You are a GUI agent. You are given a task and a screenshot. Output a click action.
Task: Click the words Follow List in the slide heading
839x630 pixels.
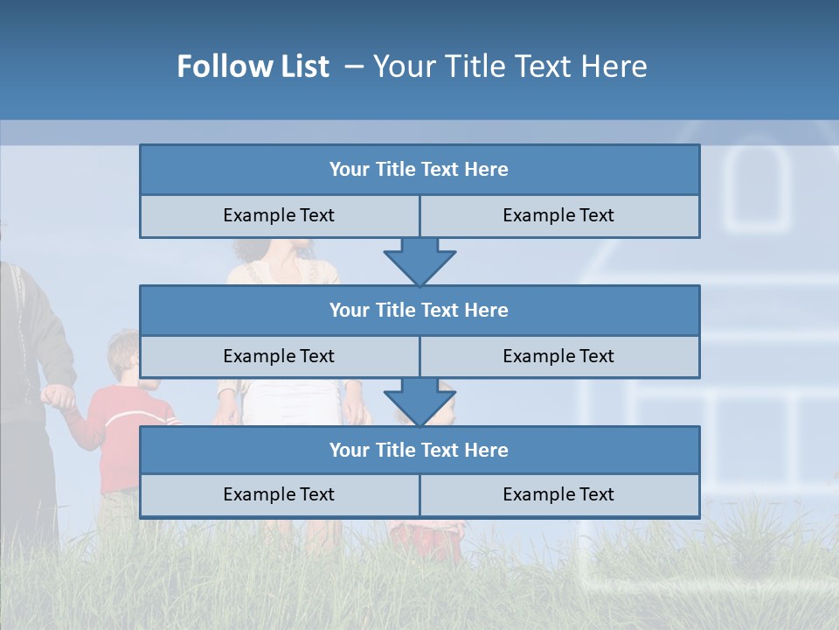(253, 66)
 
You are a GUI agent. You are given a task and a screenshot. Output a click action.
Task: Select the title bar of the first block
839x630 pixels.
(419, 170)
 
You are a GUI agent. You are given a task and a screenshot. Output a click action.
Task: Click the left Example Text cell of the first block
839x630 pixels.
(279, 215)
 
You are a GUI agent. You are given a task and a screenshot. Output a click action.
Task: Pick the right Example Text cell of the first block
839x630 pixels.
(559, 215)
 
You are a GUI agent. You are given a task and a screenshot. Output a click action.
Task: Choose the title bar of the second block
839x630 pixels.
(419, 310)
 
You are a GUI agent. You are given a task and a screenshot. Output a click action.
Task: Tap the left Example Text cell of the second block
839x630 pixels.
(279, 356)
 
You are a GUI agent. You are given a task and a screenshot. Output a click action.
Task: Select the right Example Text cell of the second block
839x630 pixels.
(559, 356)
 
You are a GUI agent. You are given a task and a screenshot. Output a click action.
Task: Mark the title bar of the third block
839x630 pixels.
(419, 450)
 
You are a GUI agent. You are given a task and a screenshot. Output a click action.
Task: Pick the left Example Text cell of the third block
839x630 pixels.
(279, 494)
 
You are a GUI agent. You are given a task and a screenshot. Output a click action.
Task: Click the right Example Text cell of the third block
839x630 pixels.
(559, 494)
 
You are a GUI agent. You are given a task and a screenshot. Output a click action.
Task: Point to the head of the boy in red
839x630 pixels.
(125, 354)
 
